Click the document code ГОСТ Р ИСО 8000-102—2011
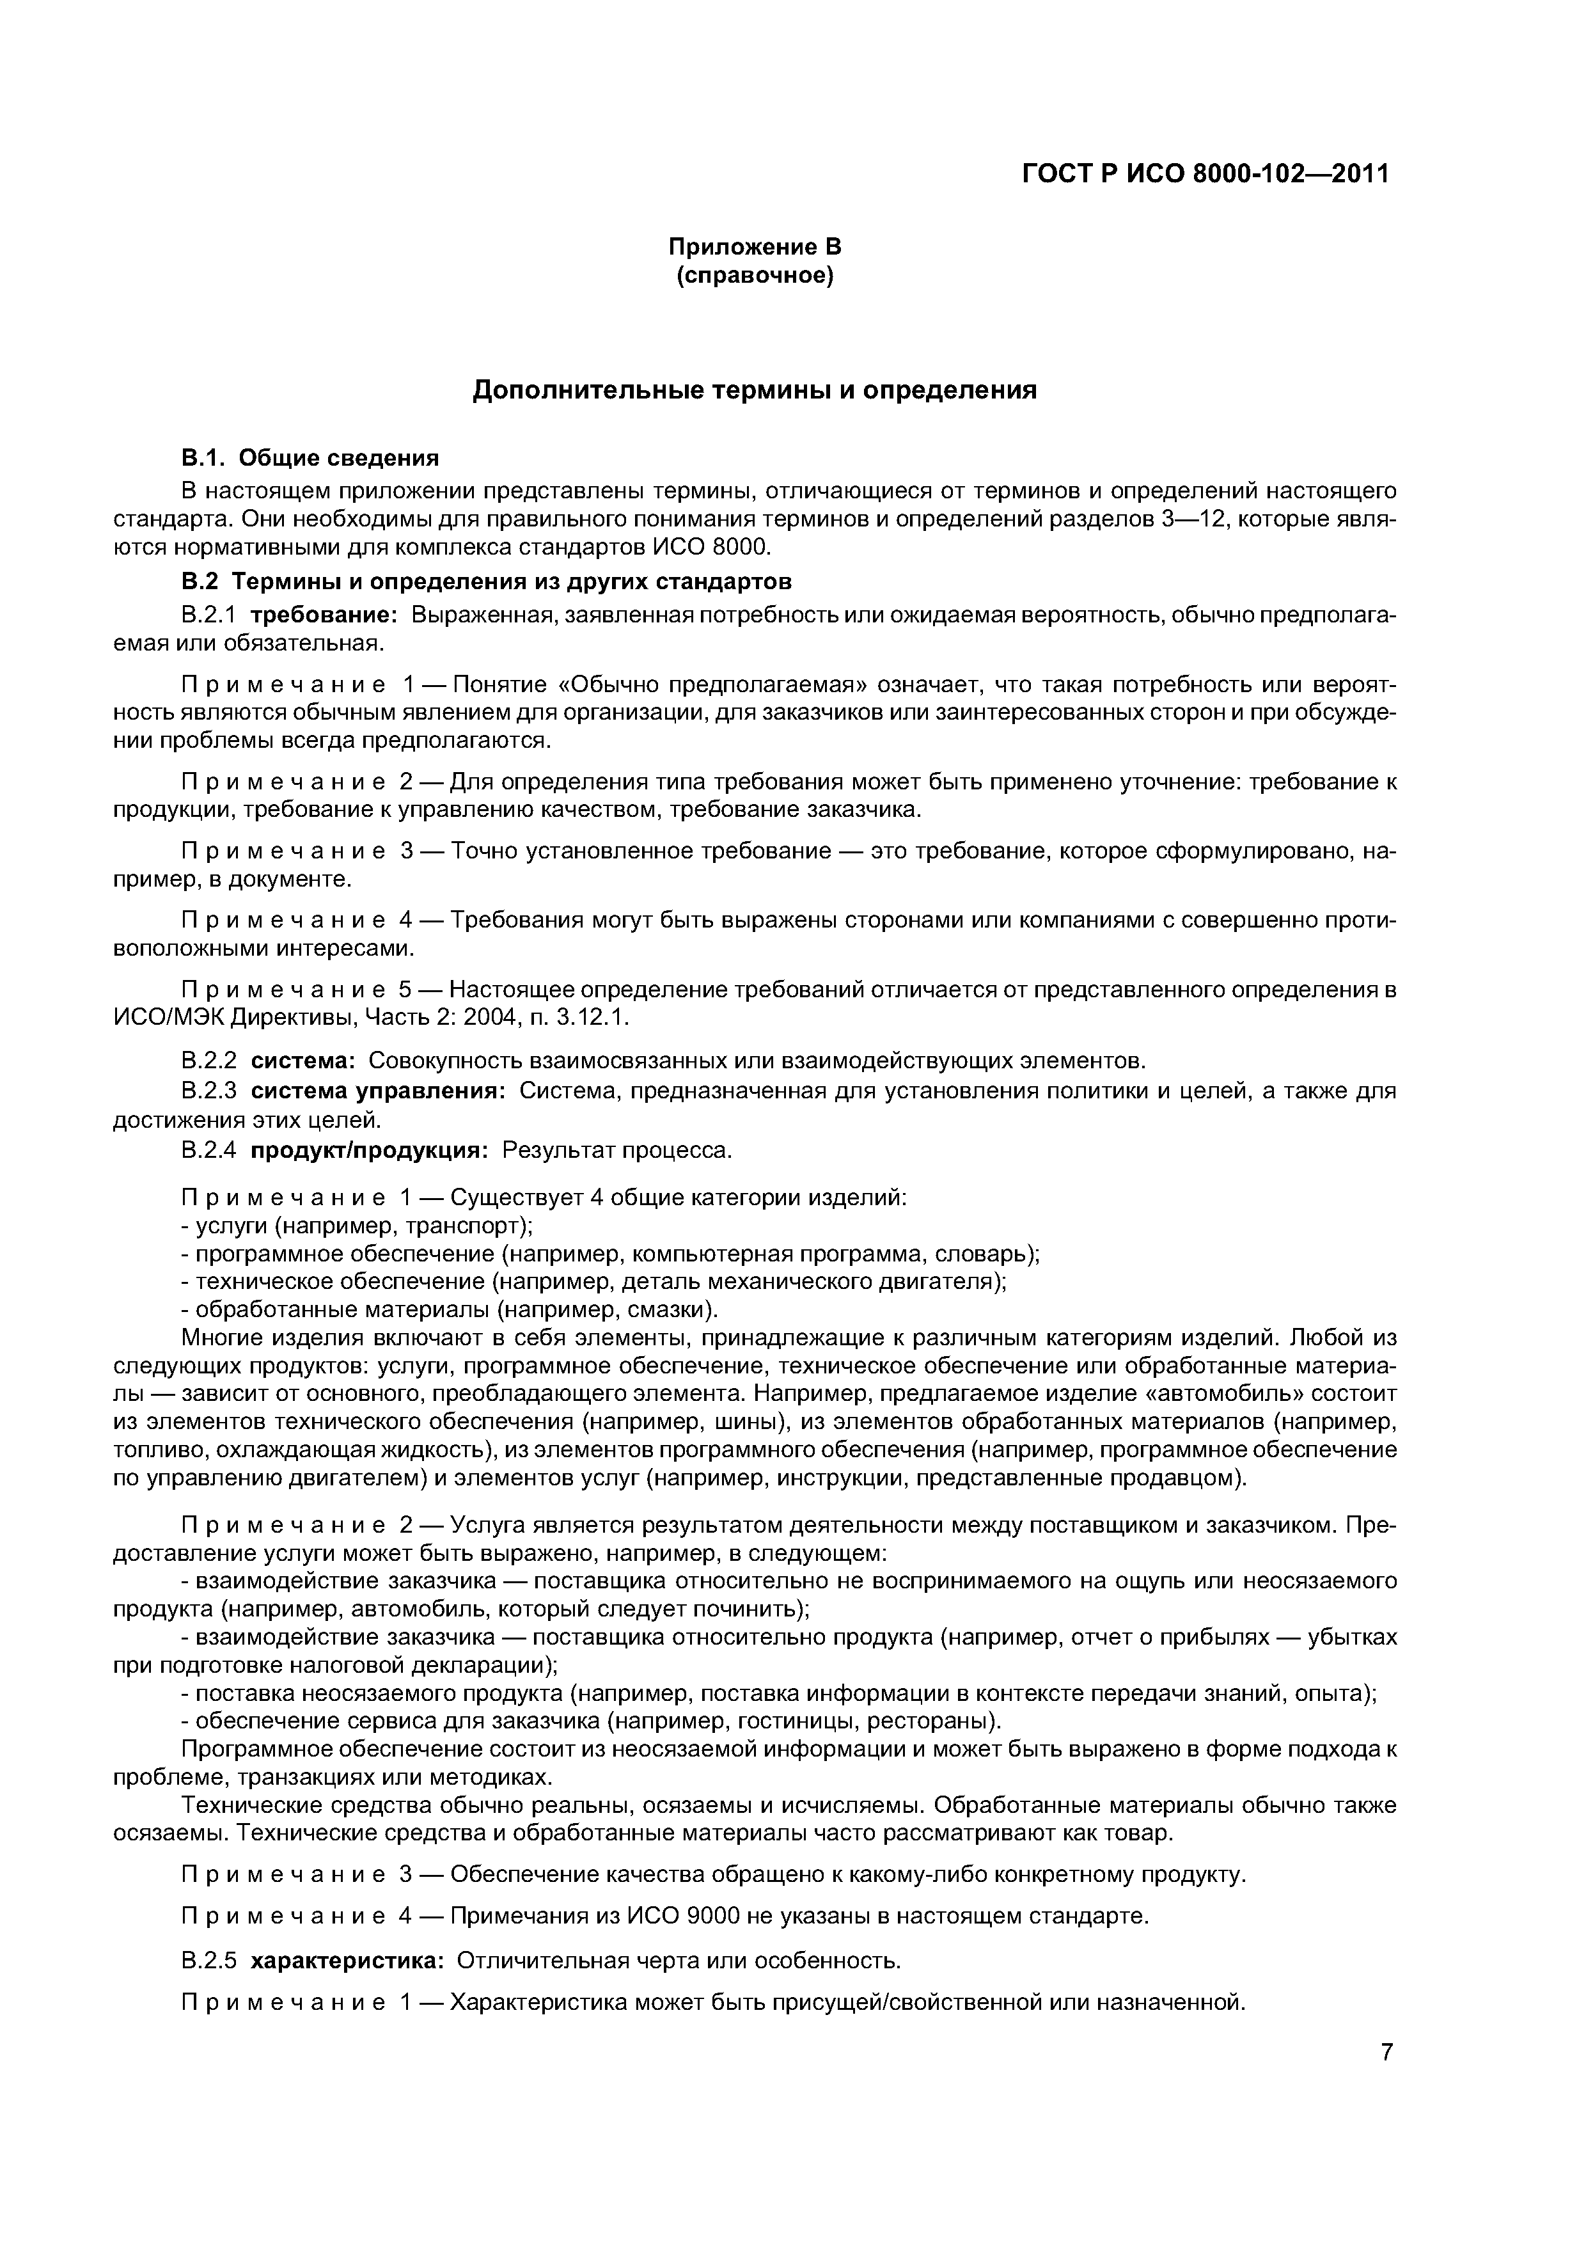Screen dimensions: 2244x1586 click(1205, 174)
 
